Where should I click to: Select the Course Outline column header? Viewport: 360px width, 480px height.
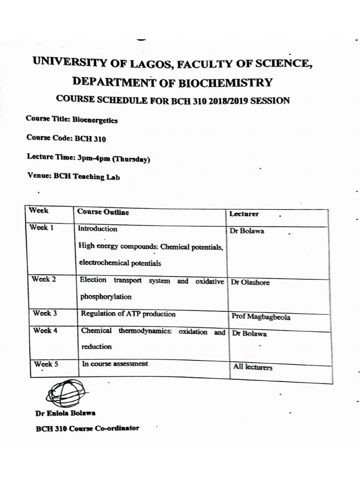pos(103,212)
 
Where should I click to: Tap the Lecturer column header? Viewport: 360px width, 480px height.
pos(244,214)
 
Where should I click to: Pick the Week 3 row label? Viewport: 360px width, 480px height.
pos(45,313)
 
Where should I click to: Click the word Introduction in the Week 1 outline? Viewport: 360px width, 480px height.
pos(97,229)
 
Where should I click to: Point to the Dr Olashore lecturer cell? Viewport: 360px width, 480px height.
pos(250,283)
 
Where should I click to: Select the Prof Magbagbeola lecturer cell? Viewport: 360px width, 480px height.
pos(261,317)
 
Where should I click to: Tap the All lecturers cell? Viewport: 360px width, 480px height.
pos(253,367)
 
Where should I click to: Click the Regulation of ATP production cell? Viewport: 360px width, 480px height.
pos(128,314)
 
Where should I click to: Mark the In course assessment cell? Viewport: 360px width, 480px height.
pos(115,364)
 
